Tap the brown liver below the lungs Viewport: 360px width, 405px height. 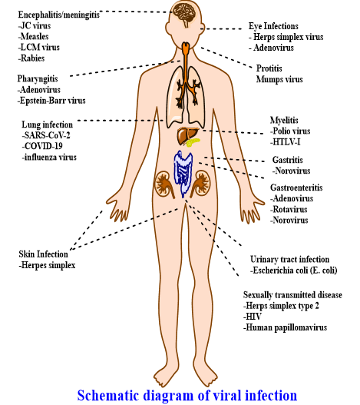[186, 135]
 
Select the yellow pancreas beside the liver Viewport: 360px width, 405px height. [193, 142]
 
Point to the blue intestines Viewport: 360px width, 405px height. [183, 174]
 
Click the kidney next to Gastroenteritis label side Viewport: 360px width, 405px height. [201, 184]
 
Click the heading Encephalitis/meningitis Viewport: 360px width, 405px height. [59, 15]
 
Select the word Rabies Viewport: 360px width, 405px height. [31, 58]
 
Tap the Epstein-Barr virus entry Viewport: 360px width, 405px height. [51, 101]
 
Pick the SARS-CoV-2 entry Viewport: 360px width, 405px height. [46, 135]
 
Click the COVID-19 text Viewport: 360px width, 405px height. [42, 146]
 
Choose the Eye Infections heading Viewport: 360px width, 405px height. [273, 26]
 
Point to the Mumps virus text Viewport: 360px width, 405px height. [279, 79]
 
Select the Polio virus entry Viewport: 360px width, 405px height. [290, 131]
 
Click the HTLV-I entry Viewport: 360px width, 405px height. [286, 142]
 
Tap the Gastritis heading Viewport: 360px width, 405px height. [288, 160]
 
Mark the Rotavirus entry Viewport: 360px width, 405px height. [289, 209]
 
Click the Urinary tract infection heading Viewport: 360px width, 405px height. [290, 259]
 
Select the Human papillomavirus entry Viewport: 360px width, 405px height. [286, 327]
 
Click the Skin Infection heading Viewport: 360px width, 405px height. [43, 254]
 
